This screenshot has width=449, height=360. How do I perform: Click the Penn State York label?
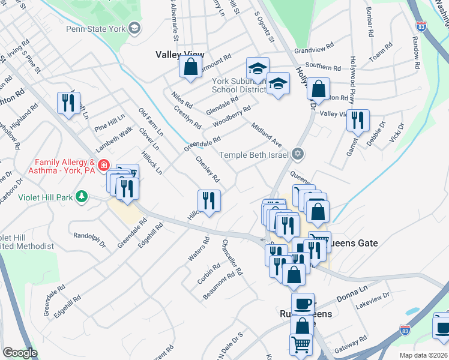104,28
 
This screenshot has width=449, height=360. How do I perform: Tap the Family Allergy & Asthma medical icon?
103,164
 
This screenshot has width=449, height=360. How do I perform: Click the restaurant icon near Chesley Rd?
209,201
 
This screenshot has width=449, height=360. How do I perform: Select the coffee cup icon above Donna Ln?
303,303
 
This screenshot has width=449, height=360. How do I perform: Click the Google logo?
20,353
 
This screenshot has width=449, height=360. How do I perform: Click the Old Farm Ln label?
150,122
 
